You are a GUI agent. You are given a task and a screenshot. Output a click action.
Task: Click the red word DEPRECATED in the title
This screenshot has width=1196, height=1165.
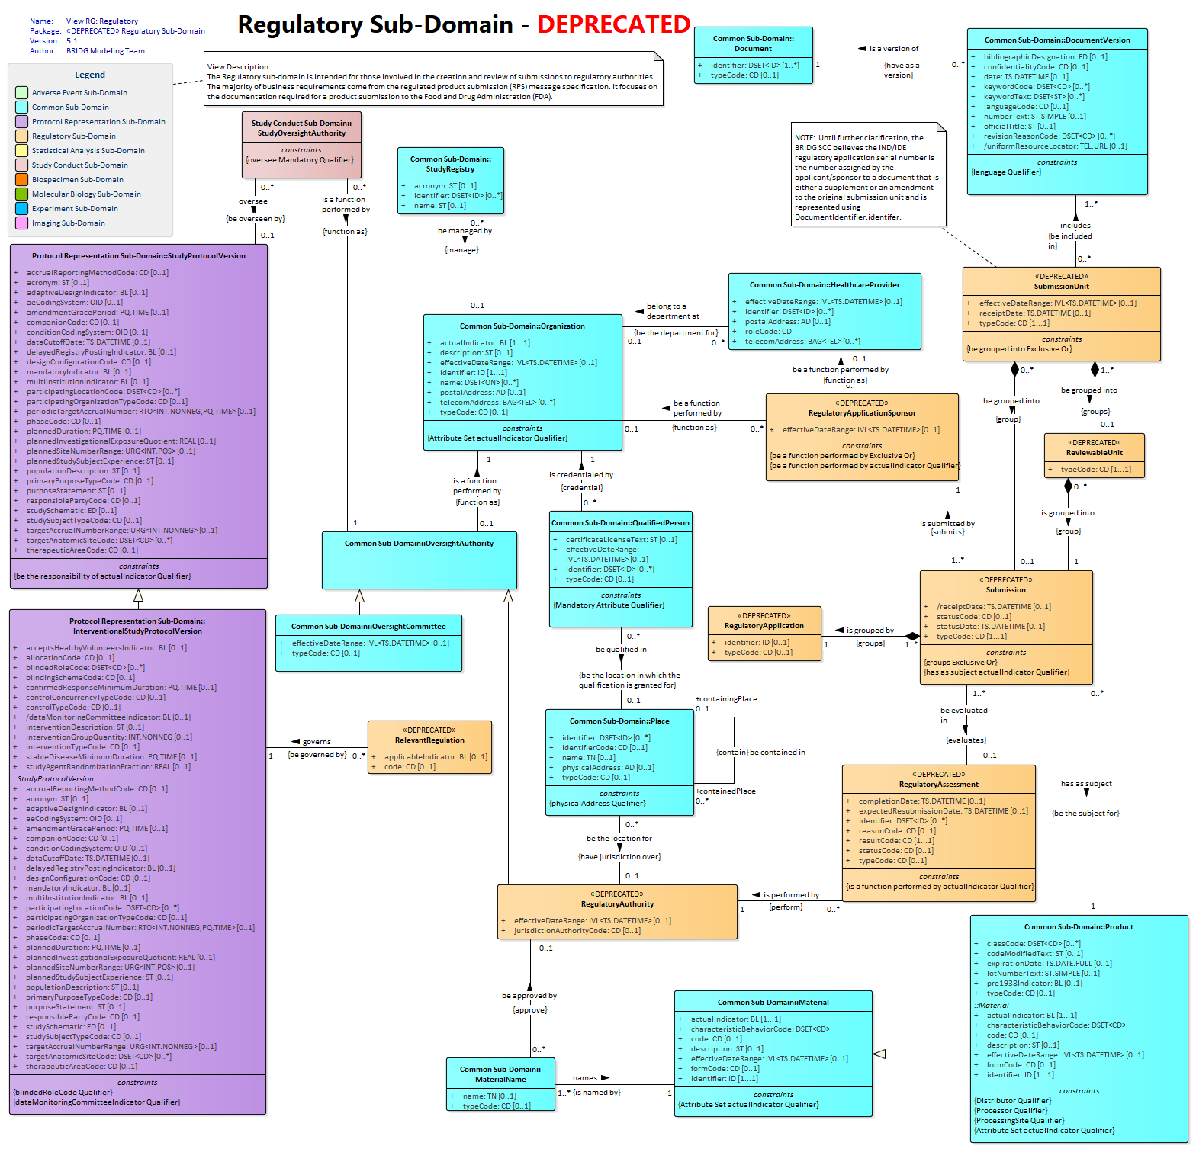click(613, 24)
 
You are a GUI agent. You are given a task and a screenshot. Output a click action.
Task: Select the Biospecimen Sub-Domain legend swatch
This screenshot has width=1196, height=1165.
click(21, 180)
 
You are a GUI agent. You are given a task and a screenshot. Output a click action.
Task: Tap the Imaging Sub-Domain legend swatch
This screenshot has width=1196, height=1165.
click(21, 223)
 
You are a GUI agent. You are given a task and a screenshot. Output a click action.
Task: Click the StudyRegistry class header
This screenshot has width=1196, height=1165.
click(450, 164)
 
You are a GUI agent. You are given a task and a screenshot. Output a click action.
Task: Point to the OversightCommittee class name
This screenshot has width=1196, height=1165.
click(368, 627)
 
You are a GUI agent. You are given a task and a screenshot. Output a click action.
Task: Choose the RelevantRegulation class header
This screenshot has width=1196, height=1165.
click(429, 735)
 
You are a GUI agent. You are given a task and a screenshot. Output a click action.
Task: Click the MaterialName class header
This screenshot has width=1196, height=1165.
click(500, 1074)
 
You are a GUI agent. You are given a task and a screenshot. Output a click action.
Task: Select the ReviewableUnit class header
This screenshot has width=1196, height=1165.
click(1094, 448)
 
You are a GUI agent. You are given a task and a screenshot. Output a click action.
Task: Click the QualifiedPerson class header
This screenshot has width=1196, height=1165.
click(620, 523)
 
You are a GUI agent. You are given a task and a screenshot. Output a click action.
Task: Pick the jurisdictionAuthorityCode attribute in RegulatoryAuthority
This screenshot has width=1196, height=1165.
click(577, 931)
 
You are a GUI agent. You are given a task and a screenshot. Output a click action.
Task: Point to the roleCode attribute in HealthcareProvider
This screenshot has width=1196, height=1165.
click(768, 332)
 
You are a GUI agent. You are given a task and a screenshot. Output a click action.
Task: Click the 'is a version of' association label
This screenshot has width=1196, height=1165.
click(894, 49)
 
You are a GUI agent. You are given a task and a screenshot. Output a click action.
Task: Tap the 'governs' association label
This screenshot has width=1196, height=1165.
click(317, 742)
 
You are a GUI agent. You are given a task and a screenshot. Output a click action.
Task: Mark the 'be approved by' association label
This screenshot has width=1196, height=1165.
click(529, 996)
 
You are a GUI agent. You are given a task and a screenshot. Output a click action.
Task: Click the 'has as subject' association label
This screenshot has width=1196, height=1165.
click(1086, 784)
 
